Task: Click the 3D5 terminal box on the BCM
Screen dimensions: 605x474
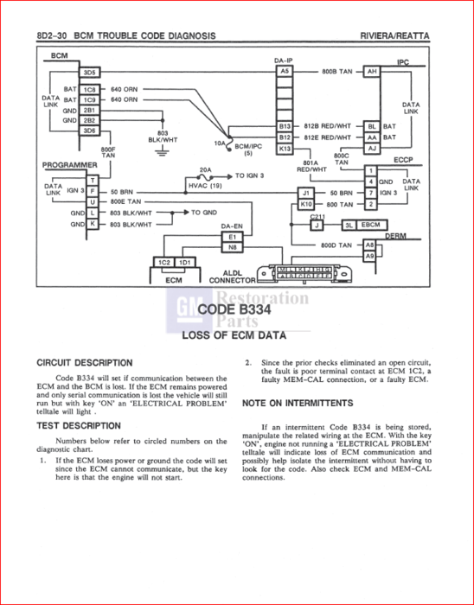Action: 90,72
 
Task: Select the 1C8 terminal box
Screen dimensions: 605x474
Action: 90,89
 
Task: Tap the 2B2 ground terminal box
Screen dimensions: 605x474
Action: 90,120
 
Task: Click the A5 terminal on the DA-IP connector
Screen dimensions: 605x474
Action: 285,71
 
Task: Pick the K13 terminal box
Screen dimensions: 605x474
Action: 285,149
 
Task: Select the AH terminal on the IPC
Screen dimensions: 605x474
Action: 372,72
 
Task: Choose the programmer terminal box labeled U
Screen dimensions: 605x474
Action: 93,201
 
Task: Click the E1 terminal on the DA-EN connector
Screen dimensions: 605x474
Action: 231,236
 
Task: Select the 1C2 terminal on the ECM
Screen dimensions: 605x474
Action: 163,262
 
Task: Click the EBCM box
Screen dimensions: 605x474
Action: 370,225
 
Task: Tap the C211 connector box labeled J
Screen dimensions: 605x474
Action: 317,225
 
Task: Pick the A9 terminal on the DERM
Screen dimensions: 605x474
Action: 369,256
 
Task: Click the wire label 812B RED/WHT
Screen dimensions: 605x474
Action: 328,125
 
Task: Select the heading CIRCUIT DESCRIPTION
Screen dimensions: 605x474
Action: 85,363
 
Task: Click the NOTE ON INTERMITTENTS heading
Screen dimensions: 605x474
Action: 297,403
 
